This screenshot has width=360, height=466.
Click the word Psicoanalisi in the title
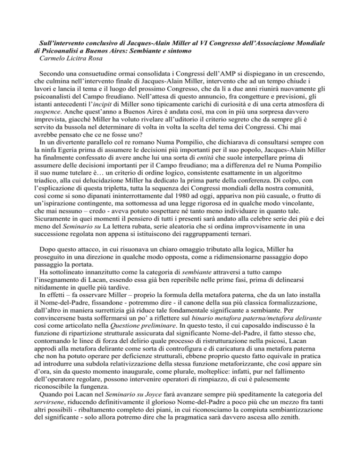63,51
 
